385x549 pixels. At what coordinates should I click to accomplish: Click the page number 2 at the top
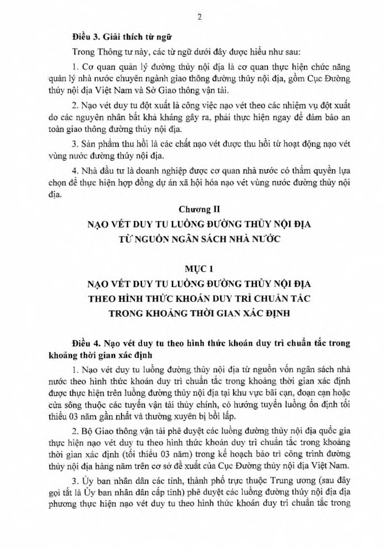[199, 17]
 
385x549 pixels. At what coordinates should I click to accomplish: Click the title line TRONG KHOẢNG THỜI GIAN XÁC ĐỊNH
[199, 313]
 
